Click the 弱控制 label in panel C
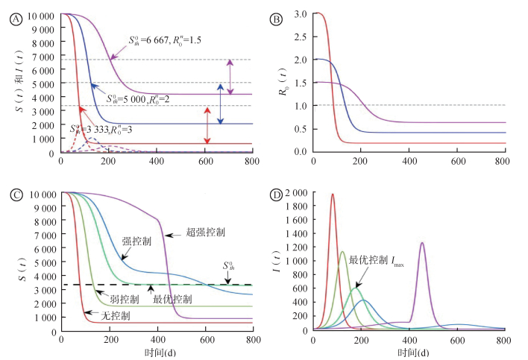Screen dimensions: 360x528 (124, 299)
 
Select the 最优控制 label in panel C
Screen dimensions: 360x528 (172, 298)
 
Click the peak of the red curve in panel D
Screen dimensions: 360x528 (333, 195)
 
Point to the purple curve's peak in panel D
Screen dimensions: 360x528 (422, 243)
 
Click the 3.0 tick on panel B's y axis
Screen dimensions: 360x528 (301, 14)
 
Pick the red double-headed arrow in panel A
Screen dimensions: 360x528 (207, 125)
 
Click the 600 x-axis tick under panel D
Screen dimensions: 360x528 (457, 339)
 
